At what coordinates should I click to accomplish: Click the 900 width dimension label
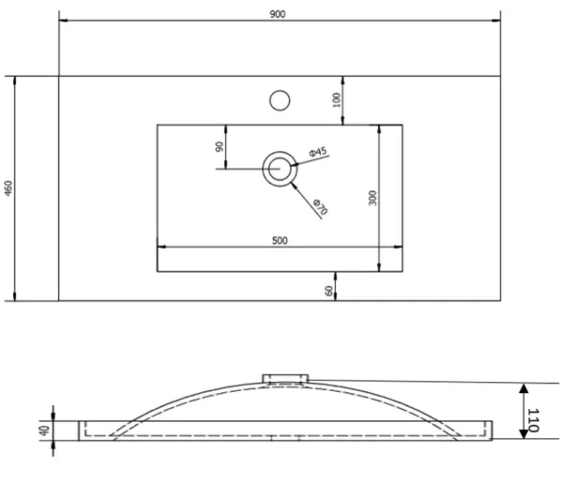coord(280,11)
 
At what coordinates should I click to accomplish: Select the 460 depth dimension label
coord(9,189)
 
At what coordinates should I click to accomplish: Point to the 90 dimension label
coord(218,146)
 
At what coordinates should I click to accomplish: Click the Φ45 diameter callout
coord(317,152)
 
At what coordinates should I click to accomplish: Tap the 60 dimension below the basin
coord(330,291)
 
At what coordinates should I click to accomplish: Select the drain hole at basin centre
coord(279,169)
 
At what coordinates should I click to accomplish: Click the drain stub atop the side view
coord(284,376)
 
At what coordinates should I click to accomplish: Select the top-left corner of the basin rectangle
coord(156,123)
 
